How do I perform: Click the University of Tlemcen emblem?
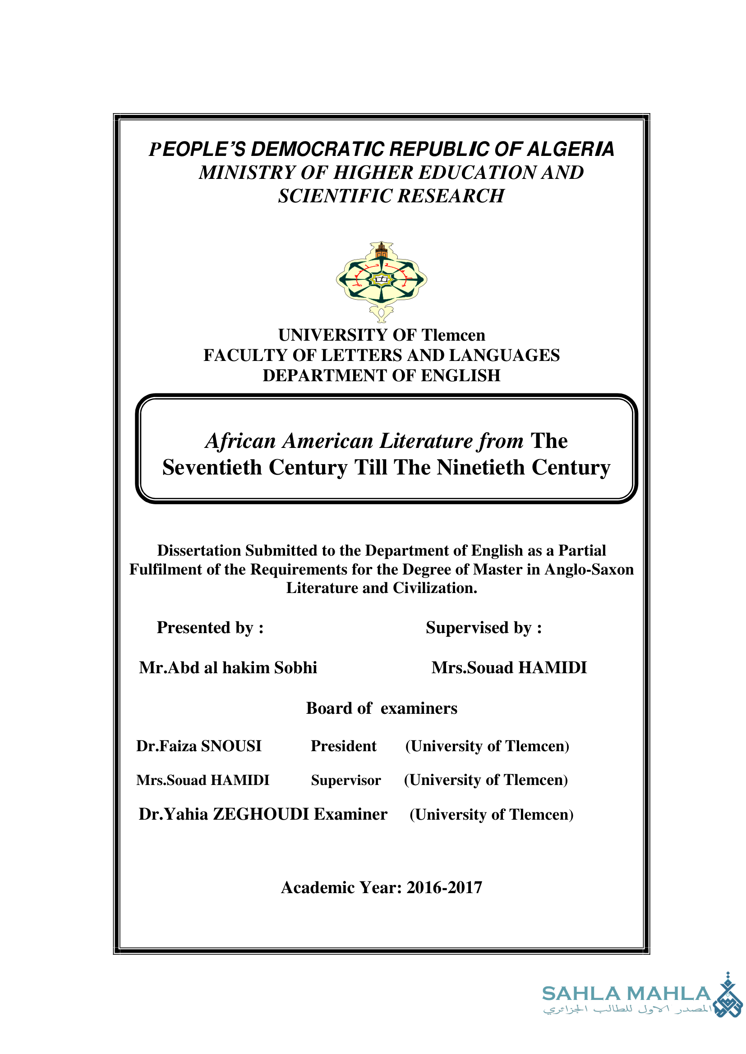tap(381, 281)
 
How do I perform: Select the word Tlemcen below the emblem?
tap(453, 335)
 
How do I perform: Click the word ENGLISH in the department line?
tap(460, 375)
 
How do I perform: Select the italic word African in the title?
tap(240, 441)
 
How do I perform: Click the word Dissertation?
tap(199, 550)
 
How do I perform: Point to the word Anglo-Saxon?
tap(589, 569)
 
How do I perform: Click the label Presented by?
tap(210, 628)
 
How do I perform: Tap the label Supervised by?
tap(483, 628)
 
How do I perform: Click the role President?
tap(344, 746)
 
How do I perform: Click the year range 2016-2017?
tap(444, 887)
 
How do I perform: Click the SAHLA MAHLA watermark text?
tap(626, 994)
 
